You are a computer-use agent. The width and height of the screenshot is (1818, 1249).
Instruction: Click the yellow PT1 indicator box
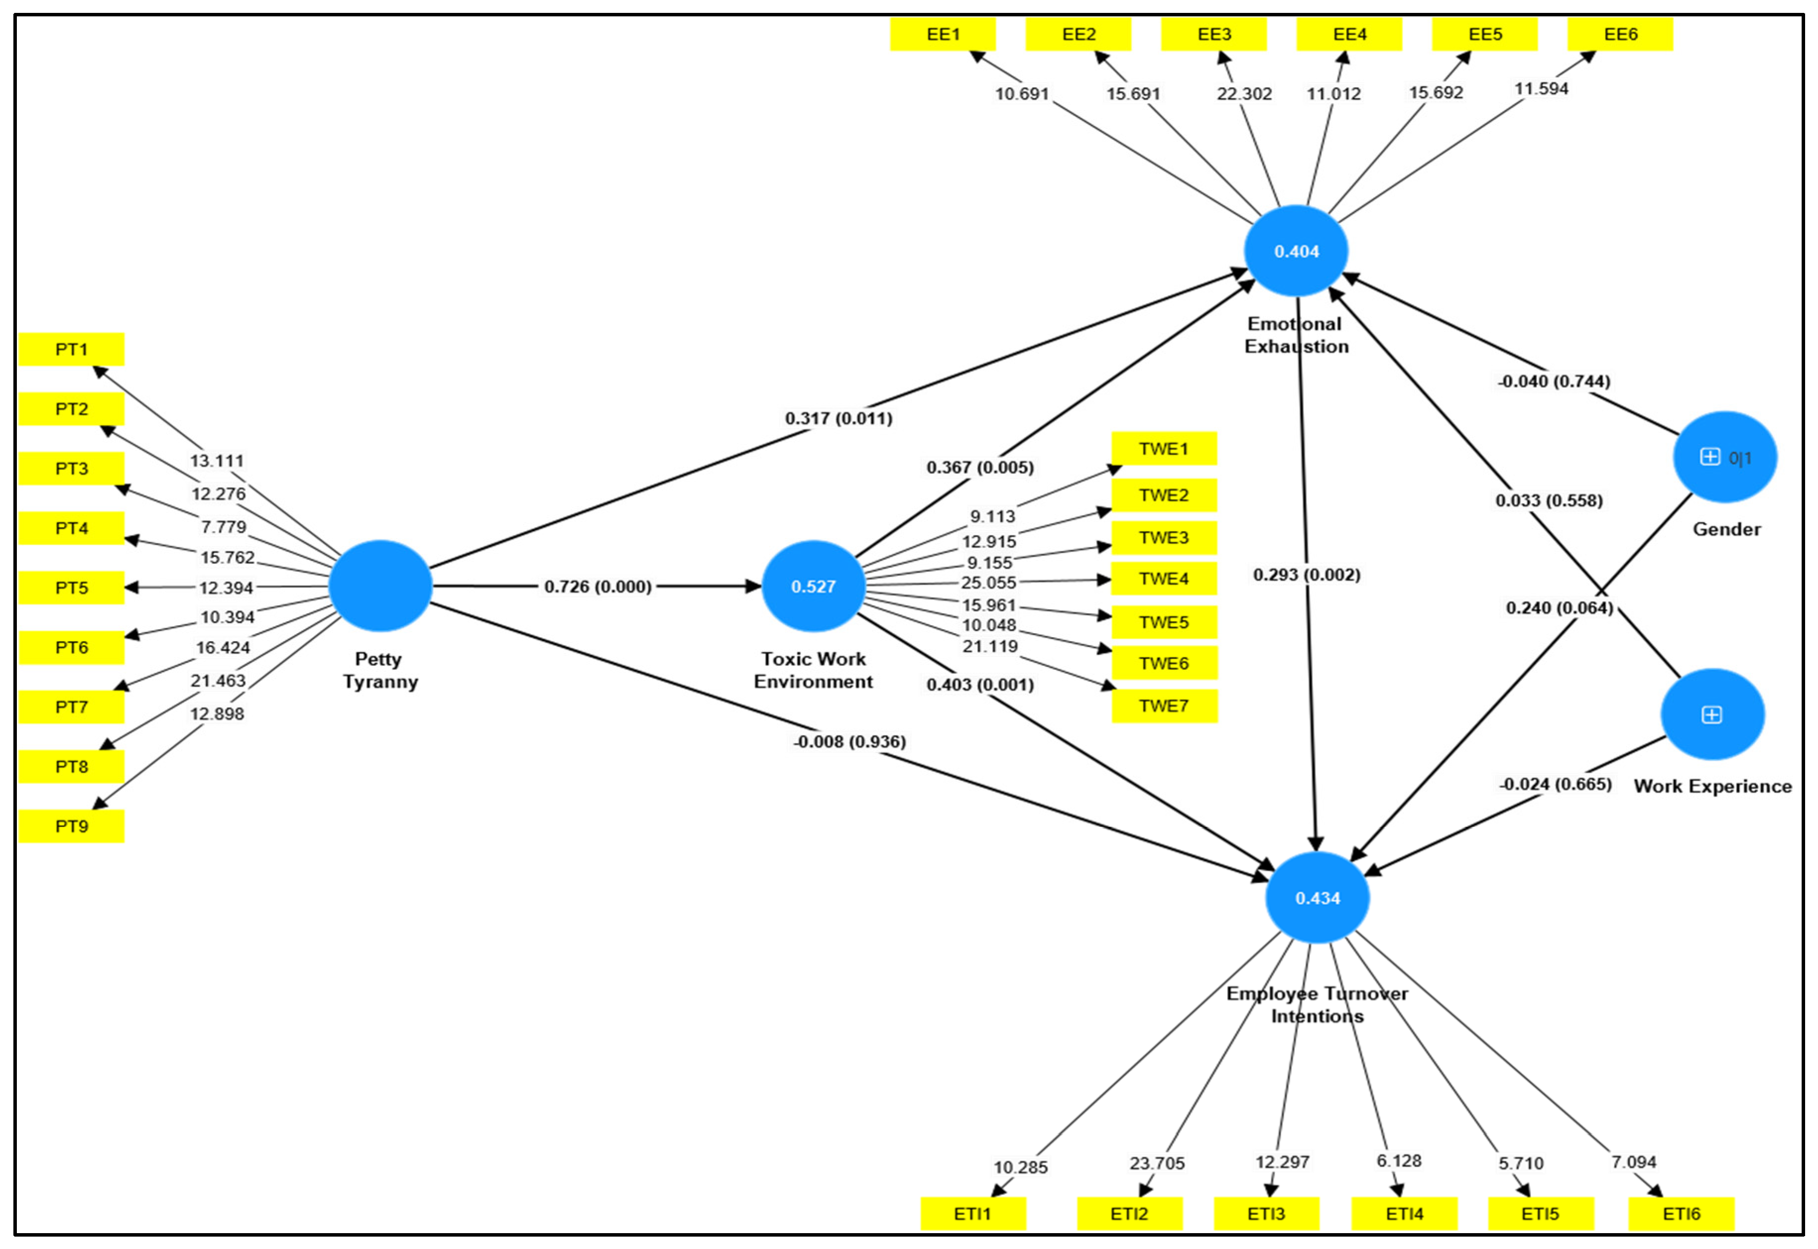click(x=71, y=349)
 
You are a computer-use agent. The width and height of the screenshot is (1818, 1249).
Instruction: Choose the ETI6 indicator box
click(x=1680, y=1214)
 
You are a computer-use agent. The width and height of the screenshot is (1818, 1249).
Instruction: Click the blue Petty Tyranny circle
click(x=380, y=586)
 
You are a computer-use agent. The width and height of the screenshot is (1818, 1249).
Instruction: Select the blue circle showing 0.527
click(x=813, y=586)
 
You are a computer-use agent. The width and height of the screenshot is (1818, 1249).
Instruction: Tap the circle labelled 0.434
click(x=1317, y=897)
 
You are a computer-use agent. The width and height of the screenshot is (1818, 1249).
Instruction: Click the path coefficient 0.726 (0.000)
click(x=598, y=586)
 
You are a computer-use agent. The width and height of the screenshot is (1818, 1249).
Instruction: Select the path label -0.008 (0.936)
click(x=850, y=741)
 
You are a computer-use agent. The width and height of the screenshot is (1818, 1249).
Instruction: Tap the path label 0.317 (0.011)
click(x=838, y=418)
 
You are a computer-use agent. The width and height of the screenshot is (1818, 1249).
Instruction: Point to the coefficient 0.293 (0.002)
click(x=1306, y=574)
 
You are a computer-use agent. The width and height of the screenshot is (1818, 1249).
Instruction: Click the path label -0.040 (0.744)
click(x=1554, y=381)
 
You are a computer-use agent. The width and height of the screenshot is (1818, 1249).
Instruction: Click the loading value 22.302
click(x=1244, y=94)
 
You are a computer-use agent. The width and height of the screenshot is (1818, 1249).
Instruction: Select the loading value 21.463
click(x=218, y=681)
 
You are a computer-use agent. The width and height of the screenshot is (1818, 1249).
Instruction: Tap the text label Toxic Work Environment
click(x=813, y=670)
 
